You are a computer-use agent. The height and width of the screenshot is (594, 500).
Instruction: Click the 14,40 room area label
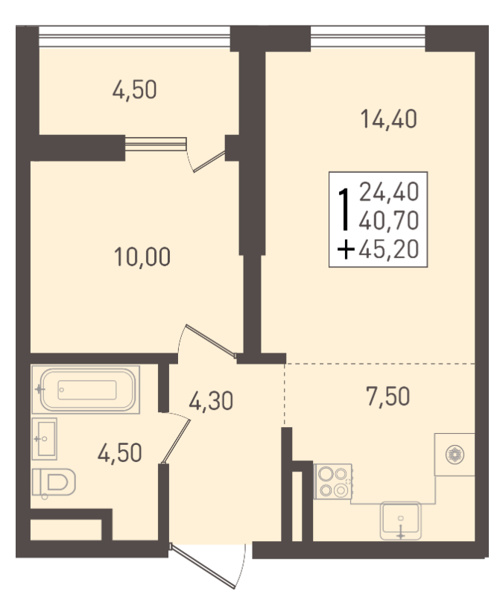[x=389, y=119]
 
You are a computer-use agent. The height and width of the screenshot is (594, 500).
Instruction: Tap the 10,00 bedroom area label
[x=142, y=256]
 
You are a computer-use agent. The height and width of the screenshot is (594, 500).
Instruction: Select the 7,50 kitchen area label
[x=388, y=396]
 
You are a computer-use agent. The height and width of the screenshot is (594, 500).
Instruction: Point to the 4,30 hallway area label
[x=211, y=401]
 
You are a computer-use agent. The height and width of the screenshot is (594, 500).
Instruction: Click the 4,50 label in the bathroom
[x=120, y=453]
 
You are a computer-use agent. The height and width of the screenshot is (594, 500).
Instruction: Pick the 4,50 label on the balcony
[x=134, y=90]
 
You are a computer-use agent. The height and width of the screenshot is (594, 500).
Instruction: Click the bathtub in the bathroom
[x=86, y=390]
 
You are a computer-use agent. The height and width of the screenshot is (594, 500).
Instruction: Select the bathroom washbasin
[x=44, y=439]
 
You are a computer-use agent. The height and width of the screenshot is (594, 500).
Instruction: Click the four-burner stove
[x=333, y=481]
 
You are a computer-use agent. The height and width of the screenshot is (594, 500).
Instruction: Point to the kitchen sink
[x=401, y=520]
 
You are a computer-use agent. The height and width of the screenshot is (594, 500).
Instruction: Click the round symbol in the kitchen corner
[x=455, y=454]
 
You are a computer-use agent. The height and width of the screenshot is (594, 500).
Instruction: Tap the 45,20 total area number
[x=389, y=249]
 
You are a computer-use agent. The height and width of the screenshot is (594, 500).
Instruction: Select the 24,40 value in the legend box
[x=389, y=192]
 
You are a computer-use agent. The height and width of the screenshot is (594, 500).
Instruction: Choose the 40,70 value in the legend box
[x=389, y=221]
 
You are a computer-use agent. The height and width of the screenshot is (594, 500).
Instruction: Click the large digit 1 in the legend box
[x=344, y=210]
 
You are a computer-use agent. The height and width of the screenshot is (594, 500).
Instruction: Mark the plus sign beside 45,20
[x=346, y=250]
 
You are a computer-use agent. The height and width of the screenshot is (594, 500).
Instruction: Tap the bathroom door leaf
[x=176, y=441]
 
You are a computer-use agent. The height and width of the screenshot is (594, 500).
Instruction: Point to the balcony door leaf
[x=209, y=162]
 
